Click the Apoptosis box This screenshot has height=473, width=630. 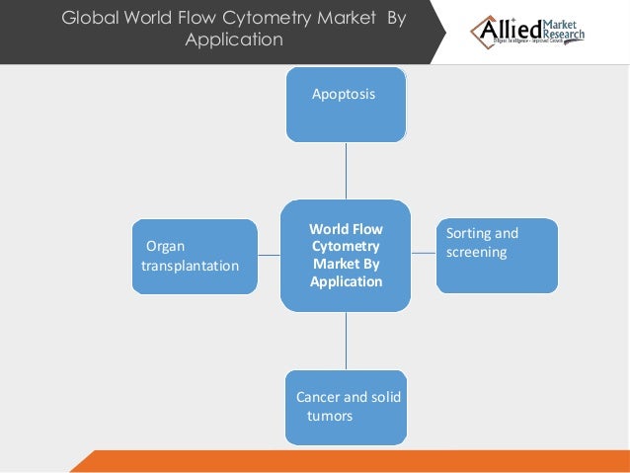click(346, 105)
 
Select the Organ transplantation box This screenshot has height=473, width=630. click(195, 257)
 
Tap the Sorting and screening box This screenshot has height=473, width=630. click(497, 256)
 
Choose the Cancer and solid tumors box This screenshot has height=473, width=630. click(346, 407)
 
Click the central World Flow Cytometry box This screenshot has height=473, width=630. click(346, 256)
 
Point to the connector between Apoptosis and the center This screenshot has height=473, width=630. click(346, 171)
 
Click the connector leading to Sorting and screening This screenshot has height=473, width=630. click(424, 254)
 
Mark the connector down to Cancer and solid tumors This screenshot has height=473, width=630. click(346, 341)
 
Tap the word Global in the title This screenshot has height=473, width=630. click(87, 18)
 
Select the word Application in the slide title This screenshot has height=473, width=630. click(234, 40)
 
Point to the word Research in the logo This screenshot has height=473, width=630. click(563, 37)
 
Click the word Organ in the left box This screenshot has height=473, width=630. click(165, 246)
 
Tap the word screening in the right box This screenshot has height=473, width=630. click(476, 252)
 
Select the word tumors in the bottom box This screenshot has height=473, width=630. click(329, 416)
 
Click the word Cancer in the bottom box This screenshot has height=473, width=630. click(317, 397)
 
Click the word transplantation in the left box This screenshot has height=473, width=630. click(190, 266)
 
